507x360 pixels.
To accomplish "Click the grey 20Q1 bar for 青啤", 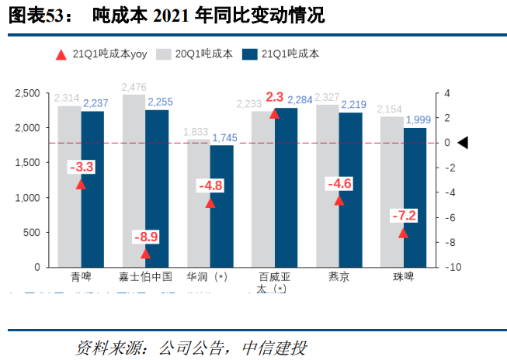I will click(69, 186).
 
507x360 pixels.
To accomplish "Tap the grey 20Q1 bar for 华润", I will click(198, 203).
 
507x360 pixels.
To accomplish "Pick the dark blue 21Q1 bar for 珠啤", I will click(415, 197).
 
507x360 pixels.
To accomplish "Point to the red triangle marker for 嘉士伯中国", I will click(145, 254).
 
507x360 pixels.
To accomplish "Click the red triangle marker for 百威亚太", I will click(274, 114).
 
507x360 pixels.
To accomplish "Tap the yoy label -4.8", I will click(210, 185).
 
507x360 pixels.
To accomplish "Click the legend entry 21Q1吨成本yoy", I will click(101, 54).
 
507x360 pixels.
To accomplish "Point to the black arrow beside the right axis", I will click(463, 143).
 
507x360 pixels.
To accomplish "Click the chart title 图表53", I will click(35, 15).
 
